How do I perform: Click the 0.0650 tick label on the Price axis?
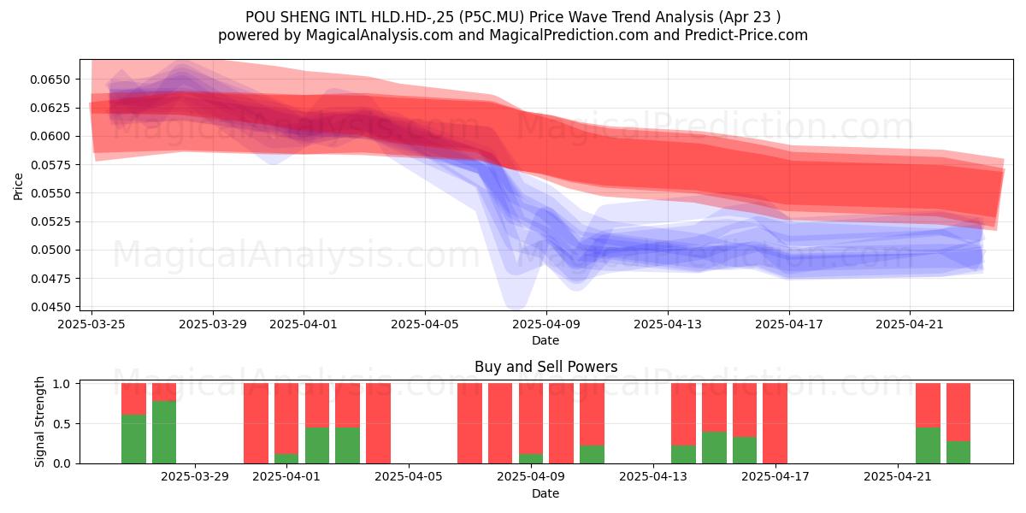50,80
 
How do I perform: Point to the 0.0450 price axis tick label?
50,307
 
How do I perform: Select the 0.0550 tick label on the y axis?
50,193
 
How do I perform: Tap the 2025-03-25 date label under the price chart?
91,324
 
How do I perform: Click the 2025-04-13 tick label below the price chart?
668,324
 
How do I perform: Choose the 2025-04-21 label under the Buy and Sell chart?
898,477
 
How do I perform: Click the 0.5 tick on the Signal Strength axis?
62,424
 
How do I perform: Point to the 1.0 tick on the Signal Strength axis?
62,384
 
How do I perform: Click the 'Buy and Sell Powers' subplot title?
546,367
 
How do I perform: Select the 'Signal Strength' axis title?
40,422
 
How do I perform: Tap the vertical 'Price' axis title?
18,186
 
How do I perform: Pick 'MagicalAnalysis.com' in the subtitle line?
380,35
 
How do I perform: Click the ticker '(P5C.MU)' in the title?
491,17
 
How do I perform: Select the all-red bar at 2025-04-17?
775,424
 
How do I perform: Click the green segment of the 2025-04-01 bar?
286,459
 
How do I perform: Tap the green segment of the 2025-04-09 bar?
531,459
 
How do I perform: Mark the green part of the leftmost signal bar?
133,439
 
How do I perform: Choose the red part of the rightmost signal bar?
958,412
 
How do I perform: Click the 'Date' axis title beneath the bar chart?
545,494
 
